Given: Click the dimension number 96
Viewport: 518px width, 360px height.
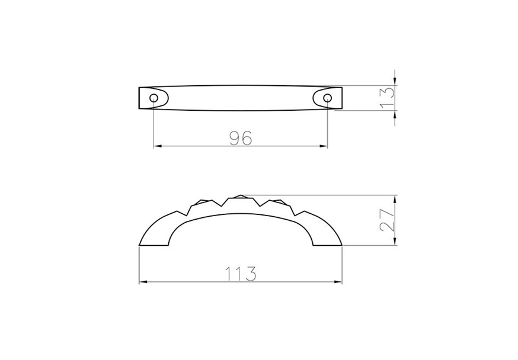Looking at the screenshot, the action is pyautogui.click(x=241, y=138).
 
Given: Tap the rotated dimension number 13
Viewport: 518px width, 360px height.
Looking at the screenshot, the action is pyautogui.click(x=387, y=98).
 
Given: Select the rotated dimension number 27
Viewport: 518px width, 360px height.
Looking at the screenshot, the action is pyautogui.click(x=387, y=220).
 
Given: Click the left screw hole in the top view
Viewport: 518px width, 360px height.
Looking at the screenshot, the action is pyautogui.click(x=154, y=98).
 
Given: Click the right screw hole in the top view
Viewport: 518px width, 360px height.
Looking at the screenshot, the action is pyautogui.click(x=327, y=98).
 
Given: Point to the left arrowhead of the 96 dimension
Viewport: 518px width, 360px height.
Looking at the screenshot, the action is pyautogui.click(x=157, y=146).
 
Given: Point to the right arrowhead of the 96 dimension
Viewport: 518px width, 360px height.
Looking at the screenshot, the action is pyautogui.click(x=324, y=146).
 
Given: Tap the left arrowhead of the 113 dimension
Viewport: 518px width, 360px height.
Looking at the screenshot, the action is pyautogui.click(x=143, y=282).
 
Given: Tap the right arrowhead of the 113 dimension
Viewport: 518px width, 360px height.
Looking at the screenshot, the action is pyautogui.click(x=338, y=282).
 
